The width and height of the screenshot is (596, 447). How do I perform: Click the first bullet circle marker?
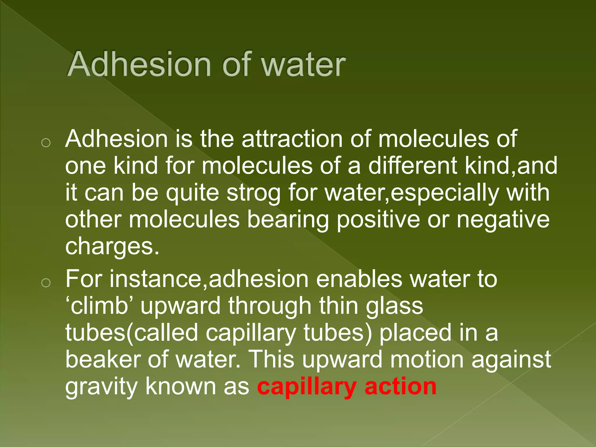(x=46, y=143)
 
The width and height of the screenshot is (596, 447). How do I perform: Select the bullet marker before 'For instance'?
(x=46, y=282)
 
